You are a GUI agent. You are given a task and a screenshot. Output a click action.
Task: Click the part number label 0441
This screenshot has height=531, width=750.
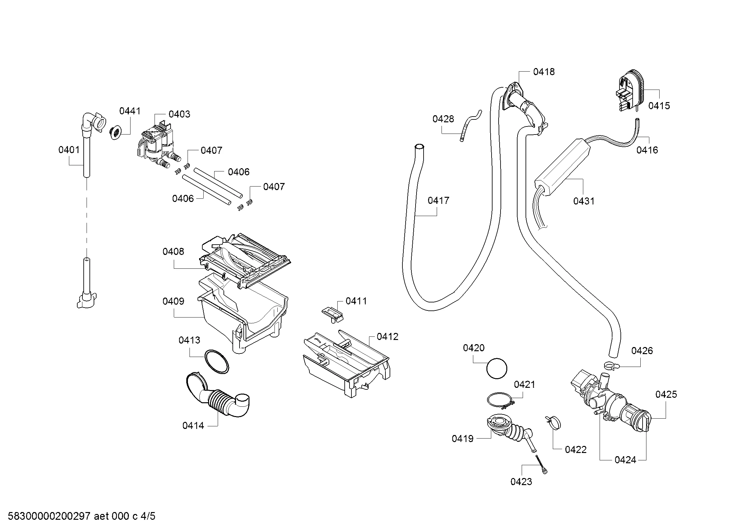(130, 111)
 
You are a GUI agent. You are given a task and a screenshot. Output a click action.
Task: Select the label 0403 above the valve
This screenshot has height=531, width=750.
(179, 114)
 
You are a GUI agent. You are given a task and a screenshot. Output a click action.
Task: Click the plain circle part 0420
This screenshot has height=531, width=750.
(496, 369)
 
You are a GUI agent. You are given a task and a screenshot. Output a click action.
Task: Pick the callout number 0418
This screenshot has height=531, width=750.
(544, 72)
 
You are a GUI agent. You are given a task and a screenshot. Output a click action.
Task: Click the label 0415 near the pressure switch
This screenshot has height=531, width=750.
(659, 106)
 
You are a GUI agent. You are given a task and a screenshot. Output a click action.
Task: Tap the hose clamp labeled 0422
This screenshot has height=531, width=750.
(553, 423)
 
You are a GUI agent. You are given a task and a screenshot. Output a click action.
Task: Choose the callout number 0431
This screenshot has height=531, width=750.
(584, 201)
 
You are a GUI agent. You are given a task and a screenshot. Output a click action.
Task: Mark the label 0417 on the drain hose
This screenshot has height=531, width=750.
(438, 200)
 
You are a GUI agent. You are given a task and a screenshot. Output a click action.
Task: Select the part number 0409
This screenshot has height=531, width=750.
(173, 301)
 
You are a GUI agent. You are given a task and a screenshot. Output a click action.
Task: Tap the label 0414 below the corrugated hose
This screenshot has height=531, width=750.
(193, 426)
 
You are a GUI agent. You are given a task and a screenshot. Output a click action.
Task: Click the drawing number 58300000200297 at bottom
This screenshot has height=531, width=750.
(49, 516)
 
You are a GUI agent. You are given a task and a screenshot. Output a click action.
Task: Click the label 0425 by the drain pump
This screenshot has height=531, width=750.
(666, 394)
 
